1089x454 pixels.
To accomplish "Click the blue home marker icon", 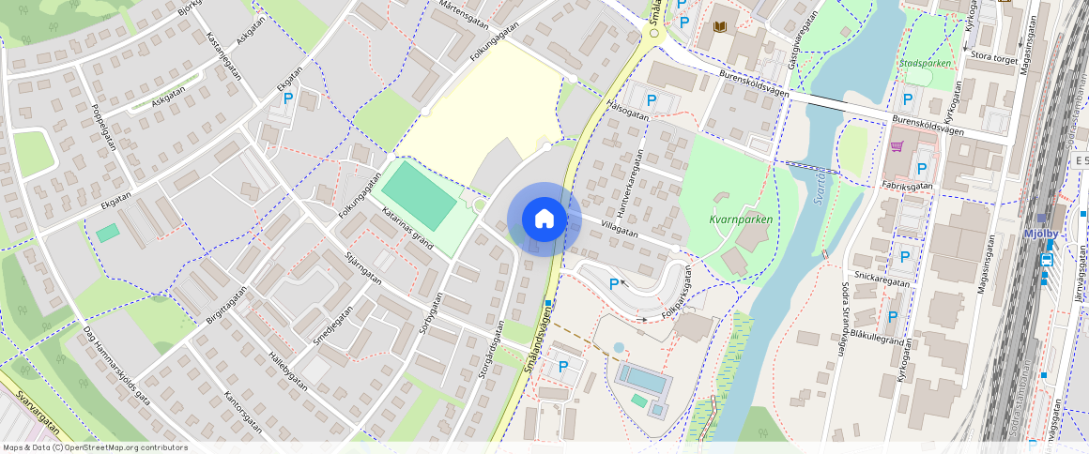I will [x=544, y=219].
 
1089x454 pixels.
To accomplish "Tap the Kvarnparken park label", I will [x=741, y=219].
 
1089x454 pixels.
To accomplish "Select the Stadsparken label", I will [x=925, y=64].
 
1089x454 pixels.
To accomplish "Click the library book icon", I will [x=720, y=27].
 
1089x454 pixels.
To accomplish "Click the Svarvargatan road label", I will [x=38, y=416].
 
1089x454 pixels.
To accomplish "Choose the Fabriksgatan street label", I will [x=906, y=186].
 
